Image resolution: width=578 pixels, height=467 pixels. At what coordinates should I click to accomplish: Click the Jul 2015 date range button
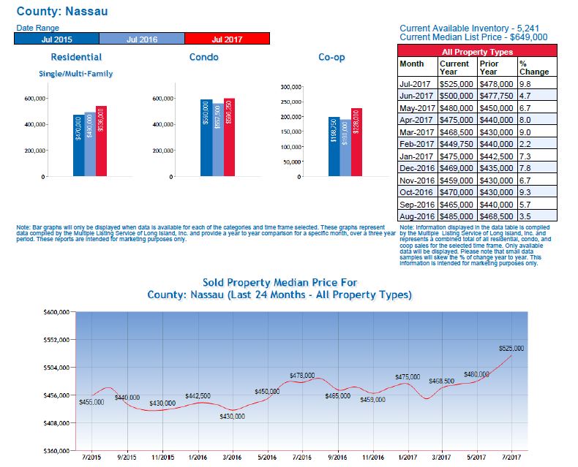56,39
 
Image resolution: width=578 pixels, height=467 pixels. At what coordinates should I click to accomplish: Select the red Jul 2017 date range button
227,39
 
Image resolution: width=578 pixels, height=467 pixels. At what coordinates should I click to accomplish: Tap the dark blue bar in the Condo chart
206,138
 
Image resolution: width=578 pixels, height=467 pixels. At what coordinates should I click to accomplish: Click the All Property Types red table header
477,52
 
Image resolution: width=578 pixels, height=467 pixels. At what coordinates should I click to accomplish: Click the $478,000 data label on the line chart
301,375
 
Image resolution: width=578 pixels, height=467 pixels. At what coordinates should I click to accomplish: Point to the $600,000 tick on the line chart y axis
56,312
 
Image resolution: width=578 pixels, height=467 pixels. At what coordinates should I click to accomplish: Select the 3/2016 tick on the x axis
232,457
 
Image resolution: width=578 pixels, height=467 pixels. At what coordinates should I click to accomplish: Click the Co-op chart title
331,57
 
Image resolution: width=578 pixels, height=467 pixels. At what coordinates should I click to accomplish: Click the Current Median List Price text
473,37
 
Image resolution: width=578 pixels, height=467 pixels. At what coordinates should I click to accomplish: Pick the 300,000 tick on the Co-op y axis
290,87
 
